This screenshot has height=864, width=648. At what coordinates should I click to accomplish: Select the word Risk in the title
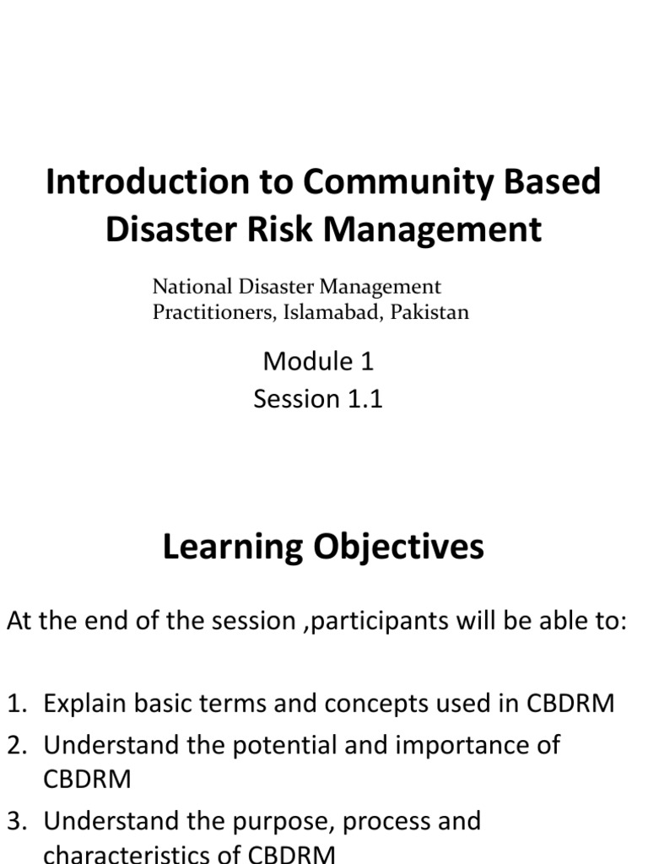click(x=273, y=229)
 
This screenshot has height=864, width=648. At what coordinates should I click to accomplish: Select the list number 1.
click(x=18, y=703)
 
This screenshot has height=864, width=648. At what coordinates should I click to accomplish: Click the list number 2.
click(x=18, y=745)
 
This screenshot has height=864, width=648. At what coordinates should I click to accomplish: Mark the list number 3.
click(x=18, y=820)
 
